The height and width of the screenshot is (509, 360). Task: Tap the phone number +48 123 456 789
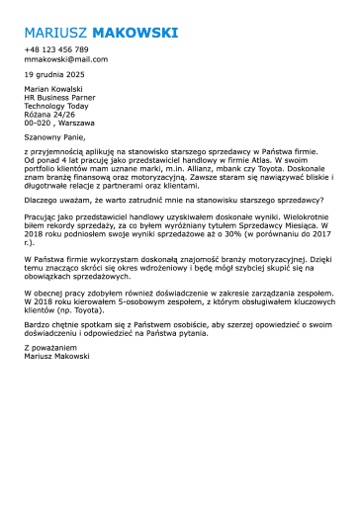(x=56, y=49)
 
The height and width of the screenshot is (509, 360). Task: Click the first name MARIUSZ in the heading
(x=52, y=33)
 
